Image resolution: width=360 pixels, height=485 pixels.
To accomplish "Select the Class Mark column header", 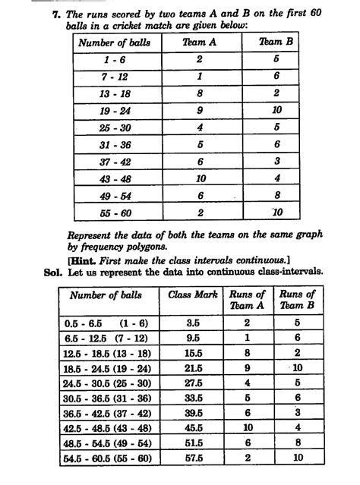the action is (193, 294).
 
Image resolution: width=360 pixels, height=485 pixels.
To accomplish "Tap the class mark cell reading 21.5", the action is (194, 367).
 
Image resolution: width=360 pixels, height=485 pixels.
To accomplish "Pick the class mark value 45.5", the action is (194, 427).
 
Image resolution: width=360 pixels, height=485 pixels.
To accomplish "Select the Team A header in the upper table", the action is (200, 43).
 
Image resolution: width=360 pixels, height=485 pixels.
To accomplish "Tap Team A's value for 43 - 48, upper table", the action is (199, 178).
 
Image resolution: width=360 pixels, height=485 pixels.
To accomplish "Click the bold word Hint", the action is (86, 259).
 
